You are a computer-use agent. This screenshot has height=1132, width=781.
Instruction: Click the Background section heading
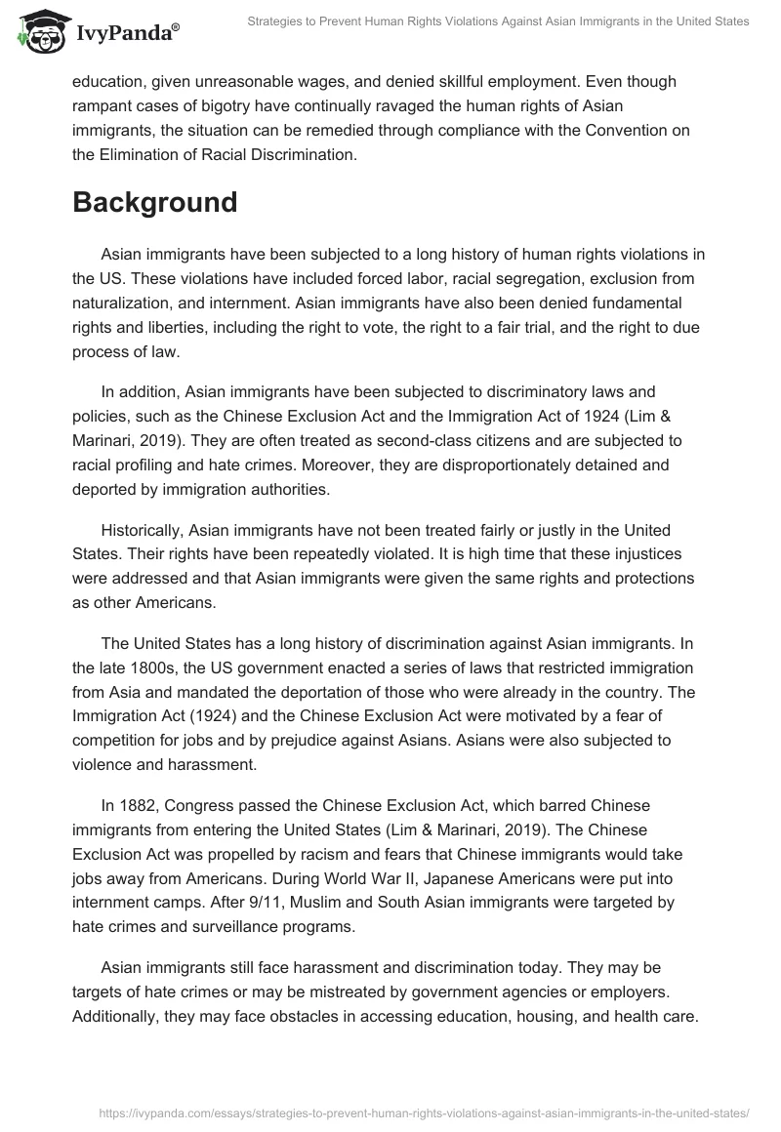point(154,202)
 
